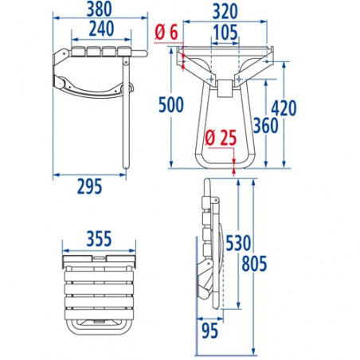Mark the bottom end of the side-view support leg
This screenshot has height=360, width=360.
(x=125, y=166)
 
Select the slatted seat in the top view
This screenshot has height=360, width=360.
(x=97, y=288)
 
